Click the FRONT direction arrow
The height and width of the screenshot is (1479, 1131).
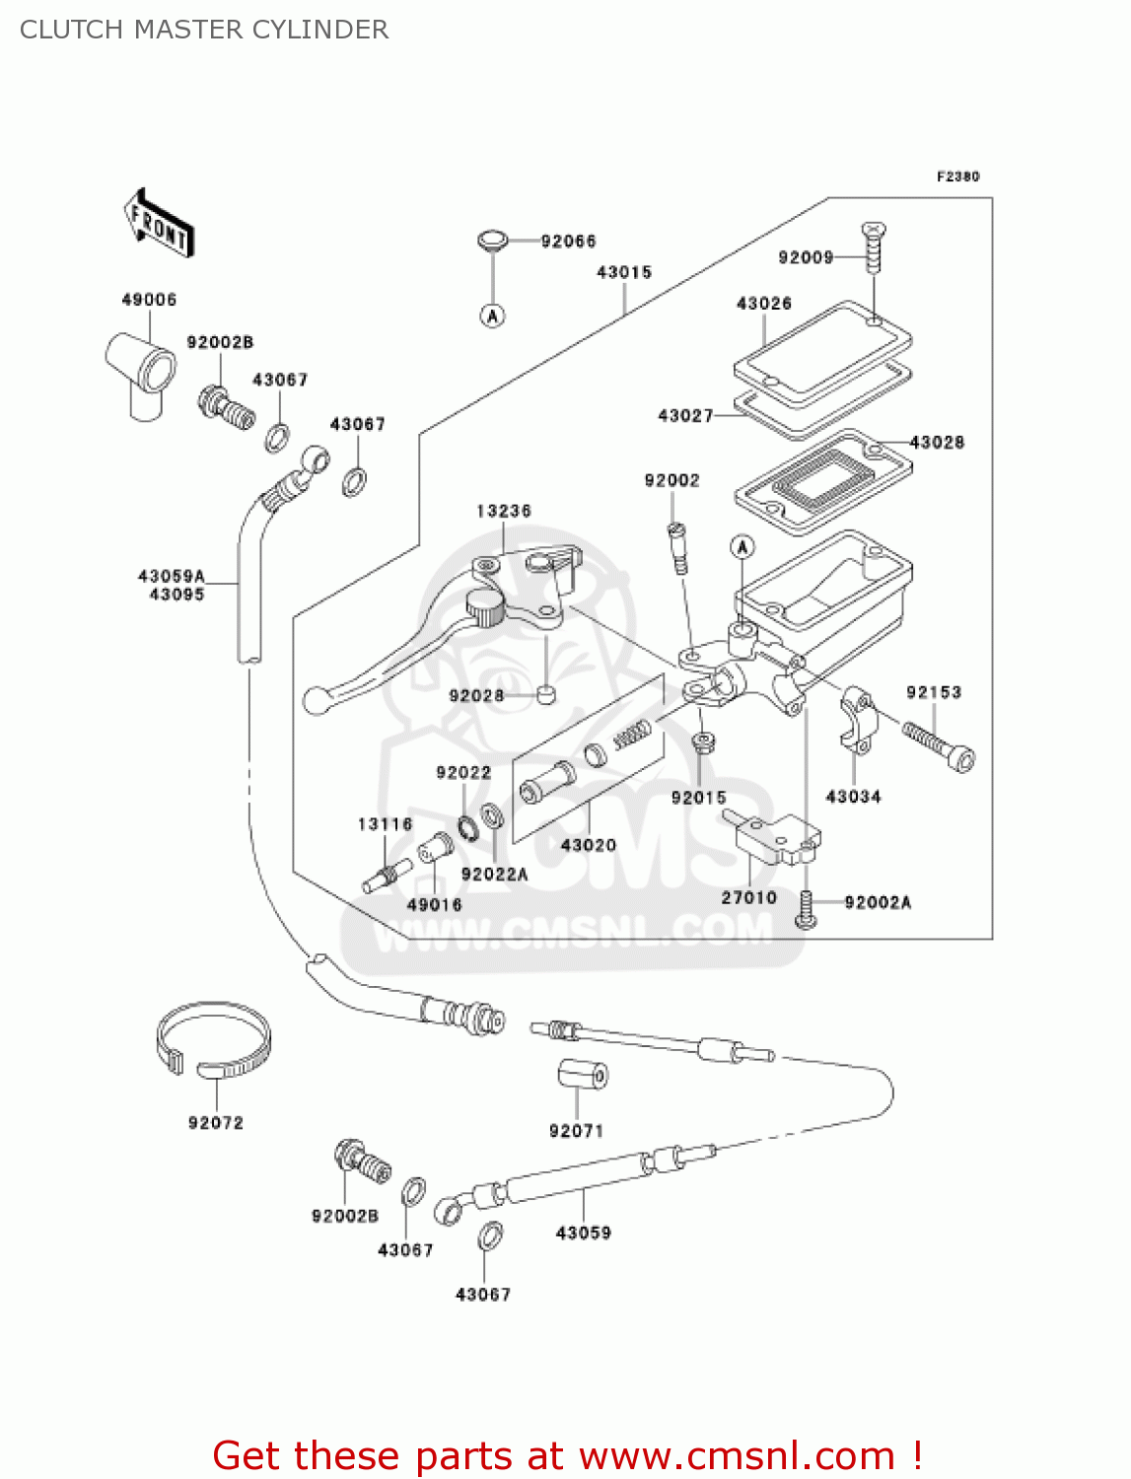(x=159, y=225)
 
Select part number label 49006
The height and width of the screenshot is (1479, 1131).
(x=149, y=300)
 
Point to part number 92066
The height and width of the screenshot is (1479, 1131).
(x=568, y=242)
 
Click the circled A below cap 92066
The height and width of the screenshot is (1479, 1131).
(x=493, y=316)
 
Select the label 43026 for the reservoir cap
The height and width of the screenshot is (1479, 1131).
(x=764, y=304)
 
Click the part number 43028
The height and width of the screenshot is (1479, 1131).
(x=937, y=443)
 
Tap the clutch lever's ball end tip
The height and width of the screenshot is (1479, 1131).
(x=316, y=700)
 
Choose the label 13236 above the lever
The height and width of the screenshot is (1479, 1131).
(x=504, y=511)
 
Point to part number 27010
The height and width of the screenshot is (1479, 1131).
(x=749, y=897)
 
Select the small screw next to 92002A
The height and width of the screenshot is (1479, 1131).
(x=806, y=909)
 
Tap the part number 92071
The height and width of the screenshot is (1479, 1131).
(x=576, y=1131)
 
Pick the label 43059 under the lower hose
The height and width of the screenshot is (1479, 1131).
(x=584, y=1232)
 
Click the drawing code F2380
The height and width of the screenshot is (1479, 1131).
(x=957, y=176)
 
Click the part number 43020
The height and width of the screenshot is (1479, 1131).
(x=589, y=845)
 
